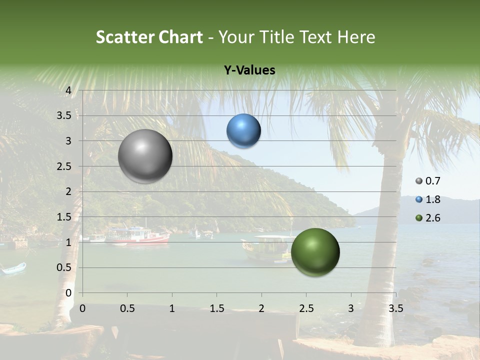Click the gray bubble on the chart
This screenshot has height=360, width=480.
coord(145,156)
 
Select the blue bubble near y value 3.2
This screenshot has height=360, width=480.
coord(243,131)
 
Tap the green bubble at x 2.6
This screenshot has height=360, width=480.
coord(315,252)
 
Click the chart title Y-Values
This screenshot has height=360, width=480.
coord(249,70)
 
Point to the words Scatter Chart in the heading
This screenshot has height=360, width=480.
coord(149,37)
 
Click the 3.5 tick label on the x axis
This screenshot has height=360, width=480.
coord(395,308)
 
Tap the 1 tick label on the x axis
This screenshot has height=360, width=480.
coord(172,308)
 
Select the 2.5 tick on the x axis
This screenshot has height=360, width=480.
coord(306,308)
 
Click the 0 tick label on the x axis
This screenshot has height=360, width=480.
coord(82,308)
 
